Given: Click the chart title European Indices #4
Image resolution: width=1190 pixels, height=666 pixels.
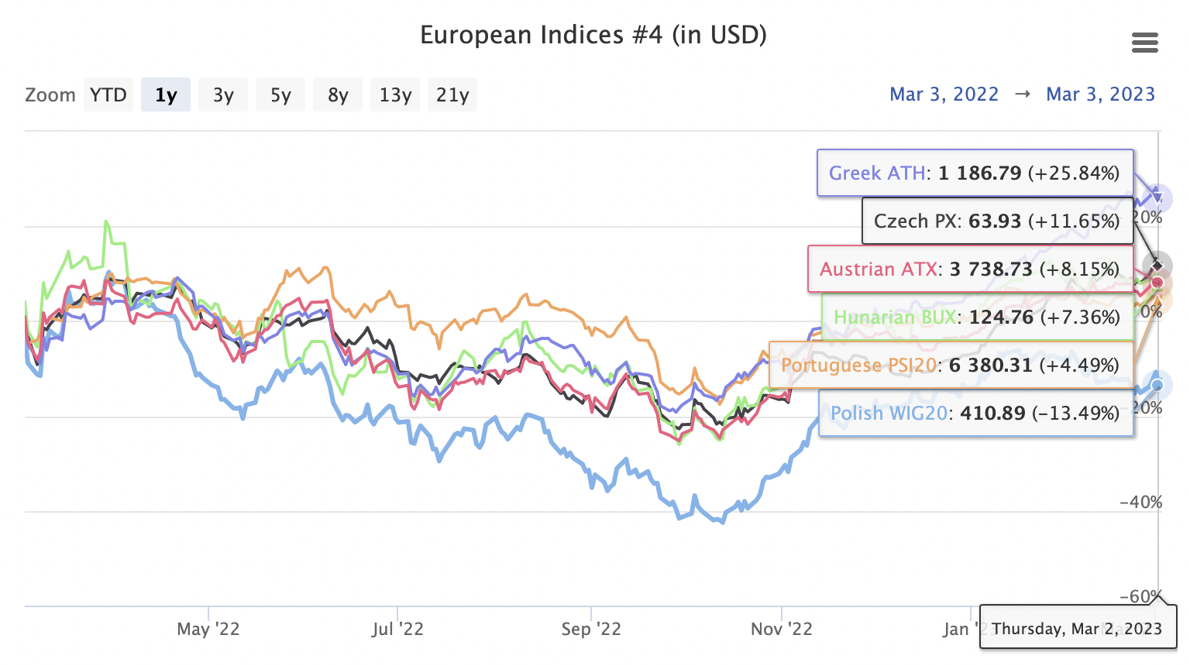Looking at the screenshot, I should point(593,36).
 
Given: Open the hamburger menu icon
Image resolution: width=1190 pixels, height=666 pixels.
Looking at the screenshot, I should point(1144,43).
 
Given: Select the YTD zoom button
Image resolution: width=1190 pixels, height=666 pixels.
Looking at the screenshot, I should point(108,95).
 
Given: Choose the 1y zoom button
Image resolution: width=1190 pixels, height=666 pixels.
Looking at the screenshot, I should point(166,95).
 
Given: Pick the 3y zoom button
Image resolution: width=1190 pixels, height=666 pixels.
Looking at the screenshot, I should point(223,95).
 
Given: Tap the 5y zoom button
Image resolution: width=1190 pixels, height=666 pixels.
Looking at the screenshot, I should point(280,95).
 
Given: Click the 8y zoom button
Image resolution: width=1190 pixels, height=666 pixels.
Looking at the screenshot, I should point(338,95).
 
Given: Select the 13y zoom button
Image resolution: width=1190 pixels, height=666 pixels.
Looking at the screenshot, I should point(395,95).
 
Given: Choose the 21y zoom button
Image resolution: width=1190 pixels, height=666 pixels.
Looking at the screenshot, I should point(452,95).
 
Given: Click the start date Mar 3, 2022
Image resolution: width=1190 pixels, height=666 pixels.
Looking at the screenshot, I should point(944,94).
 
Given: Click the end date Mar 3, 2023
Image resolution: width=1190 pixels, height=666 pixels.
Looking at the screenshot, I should point(1100,94).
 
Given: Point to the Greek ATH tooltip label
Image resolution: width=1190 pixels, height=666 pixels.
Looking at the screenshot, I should point(877,173).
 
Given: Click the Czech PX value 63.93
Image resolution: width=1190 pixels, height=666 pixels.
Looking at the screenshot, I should point(995,221).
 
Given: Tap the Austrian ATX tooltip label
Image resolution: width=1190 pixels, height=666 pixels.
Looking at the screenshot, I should point(879,269).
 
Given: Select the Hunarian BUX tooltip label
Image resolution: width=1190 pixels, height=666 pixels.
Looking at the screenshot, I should point(895,317).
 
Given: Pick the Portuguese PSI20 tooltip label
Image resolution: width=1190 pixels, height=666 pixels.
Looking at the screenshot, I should point(858,365).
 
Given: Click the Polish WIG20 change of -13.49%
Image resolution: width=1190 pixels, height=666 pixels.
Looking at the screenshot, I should point(1075,413).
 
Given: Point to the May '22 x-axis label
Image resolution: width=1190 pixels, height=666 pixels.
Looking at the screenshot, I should point(208,629).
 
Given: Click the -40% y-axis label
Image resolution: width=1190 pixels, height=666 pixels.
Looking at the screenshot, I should point(1141,502).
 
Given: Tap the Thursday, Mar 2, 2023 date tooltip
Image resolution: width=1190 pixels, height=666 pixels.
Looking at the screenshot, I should point(1077,628).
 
